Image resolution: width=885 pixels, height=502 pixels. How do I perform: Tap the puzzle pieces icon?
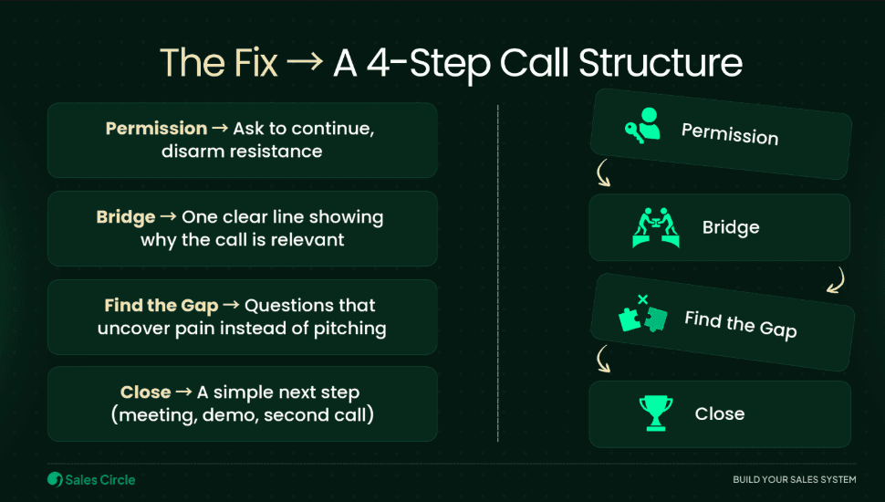642,313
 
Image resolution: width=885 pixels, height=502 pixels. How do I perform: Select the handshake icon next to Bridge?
656,228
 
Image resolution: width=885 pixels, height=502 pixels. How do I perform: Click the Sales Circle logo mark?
55,479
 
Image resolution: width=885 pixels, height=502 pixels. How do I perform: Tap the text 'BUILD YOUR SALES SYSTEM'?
794,480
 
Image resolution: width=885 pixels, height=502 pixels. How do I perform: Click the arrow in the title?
305,64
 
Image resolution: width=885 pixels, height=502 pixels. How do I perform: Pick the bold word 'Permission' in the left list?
156,129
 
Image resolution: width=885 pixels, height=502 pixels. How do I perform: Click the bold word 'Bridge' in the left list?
125,217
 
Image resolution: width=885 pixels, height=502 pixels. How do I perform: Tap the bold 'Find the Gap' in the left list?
161,306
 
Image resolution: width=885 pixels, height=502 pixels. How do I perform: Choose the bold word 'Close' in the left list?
145,392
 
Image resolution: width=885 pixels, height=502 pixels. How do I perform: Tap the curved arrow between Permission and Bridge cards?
602,173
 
